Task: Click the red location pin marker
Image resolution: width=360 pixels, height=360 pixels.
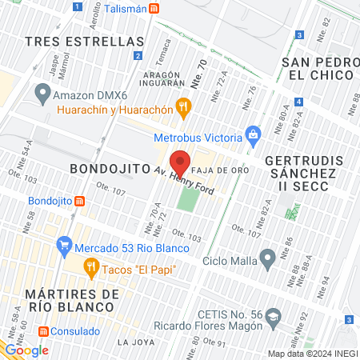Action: tap(181, 162)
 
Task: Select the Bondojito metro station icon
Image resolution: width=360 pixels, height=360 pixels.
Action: tap(79, 201)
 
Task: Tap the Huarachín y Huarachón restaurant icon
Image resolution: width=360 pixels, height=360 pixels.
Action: tap(183, 105)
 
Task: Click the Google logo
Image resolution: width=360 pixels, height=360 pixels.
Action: tap(26, 350)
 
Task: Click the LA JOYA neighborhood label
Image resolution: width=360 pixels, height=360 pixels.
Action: tap(134, 342)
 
